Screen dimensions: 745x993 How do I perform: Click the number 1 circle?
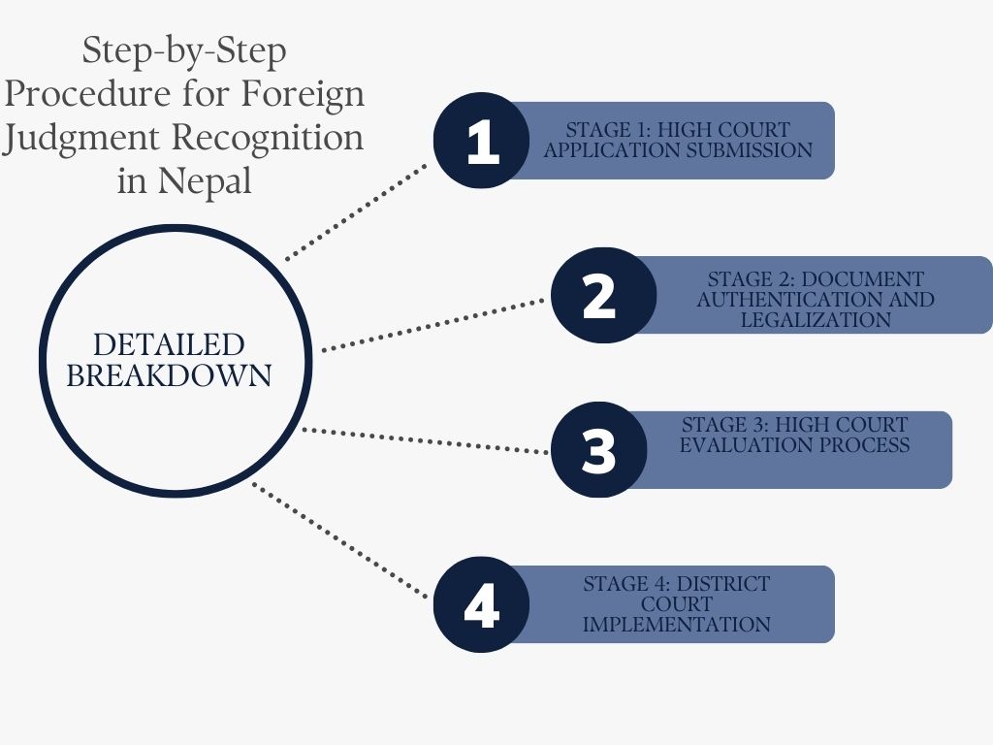coord(481,141)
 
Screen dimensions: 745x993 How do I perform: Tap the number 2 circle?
coord(599,295)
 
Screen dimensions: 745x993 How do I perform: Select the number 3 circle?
coord(599,450)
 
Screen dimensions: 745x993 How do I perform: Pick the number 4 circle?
coord(481,604)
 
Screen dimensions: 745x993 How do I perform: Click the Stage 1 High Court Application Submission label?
coord(677,141)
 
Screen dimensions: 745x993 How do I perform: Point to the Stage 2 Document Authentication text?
coord(815,289)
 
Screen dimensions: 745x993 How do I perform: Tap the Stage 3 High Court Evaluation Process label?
coord(794,436)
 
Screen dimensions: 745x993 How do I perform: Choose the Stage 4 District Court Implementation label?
coord(676,604)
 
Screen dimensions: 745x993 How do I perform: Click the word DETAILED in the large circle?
coord(169,344)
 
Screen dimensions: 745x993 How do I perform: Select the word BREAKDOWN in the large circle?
coord(169,375)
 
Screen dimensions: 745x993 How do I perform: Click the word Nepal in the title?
coord(209,181)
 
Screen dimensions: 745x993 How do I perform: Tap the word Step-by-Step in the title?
coord(184,50)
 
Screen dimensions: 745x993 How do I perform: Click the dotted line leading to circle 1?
coord(357,211)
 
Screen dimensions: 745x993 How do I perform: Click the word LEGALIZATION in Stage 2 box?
coord(816,319)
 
